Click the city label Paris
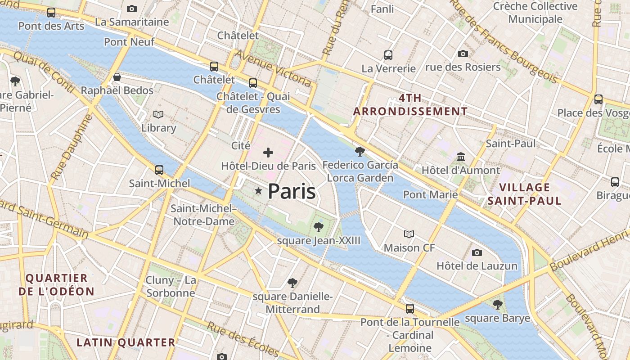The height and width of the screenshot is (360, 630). point(292,191)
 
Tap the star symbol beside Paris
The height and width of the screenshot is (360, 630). point(258,191)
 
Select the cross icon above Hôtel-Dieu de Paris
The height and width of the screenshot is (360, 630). point(268,153)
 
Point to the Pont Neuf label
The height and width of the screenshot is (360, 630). point(129,42)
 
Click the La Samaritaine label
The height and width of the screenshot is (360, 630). point(132,22)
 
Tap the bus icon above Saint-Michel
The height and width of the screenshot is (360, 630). point(159,170)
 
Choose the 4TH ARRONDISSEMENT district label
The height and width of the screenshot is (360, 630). point(410,104)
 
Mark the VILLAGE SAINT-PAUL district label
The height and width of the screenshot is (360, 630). point(525,194)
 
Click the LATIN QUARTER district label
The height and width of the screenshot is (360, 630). point(126,342)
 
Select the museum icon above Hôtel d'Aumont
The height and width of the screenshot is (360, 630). point(461,157)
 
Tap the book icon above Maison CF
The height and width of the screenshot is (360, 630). point(409,234)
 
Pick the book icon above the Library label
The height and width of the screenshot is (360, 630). point(158,115)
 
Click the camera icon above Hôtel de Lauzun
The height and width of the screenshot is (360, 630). point(477,252)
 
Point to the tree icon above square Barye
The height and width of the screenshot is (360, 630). point(497,305)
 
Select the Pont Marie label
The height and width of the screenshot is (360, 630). point(430,194)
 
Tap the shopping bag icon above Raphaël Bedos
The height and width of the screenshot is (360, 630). point(117,77)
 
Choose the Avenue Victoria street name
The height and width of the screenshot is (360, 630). point(273,68)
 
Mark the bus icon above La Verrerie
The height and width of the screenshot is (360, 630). point(388,55)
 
